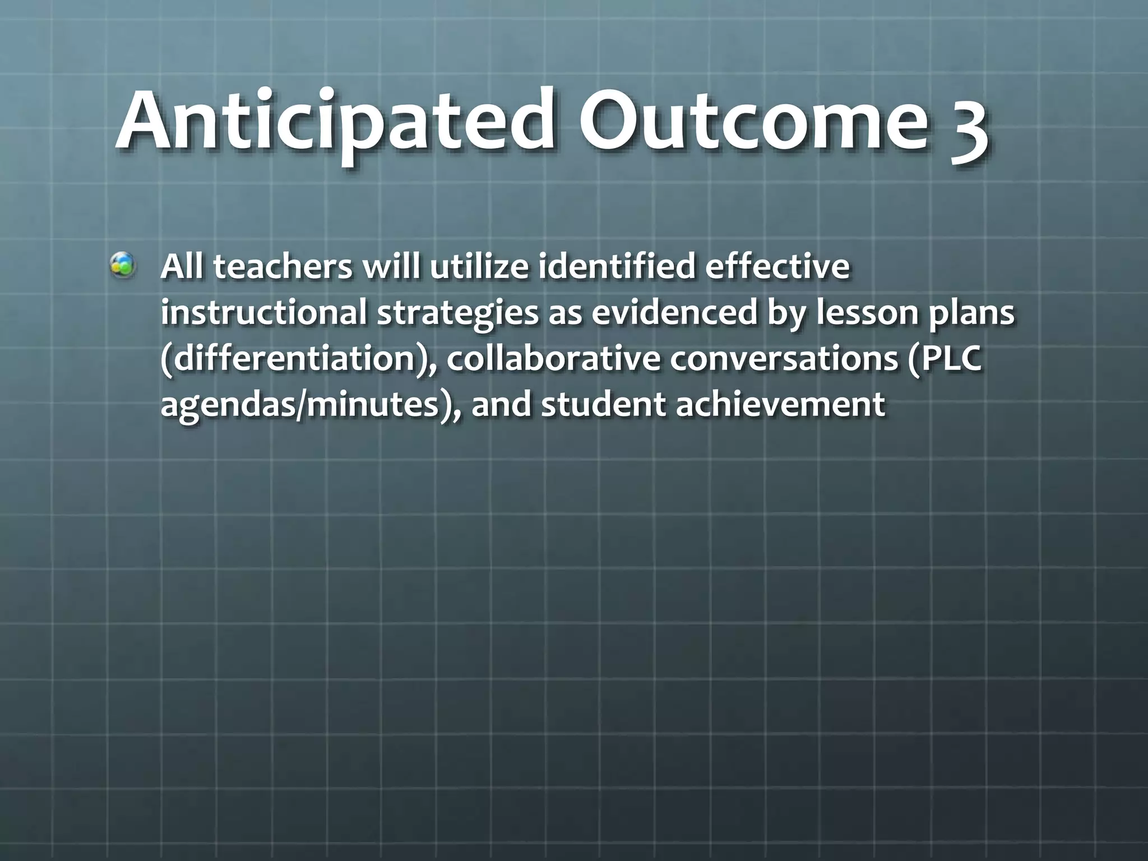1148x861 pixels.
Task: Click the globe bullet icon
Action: click(122, 265)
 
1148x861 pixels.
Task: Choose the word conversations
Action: click(785, 359)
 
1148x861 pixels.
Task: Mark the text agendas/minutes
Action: click(305, 405)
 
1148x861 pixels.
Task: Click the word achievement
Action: click(780, 405)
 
